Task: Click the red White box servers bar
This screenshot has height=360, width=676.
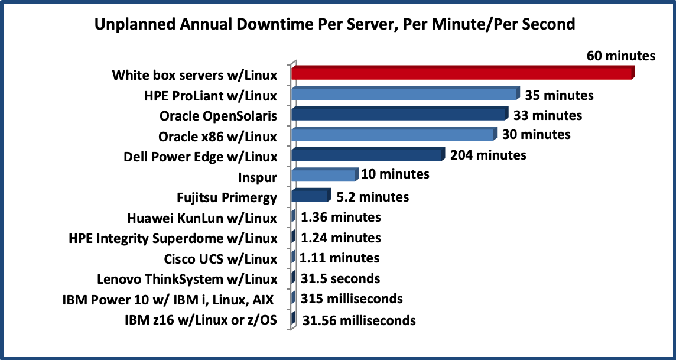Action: pos(461,73)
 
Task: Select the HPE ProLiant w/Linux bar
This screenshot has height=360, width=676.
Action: pos(404,94)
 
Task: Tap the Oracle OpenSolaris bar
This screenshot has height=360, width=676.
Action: pos(399,114)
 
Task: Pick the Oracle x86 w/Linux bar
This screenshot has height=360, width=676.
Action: pos(392,135)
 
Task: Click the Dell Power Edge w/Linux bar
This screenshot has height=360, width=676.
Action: pos(366,155)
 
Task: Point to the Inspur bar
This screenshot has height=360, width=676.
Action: pos(324,176)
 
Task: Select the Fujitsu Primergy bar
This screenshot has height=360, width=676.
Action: pos(310,196)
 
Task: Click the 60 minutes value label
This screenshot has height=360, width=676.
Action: pos(620,56)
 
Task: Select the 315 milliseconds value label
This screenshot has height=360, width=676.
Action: pos(352,299)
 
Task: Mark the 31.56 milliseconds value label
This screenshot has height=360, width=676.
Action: pos(359,320)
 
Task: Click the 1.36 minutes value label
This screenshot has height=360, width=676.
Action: pos(340,217)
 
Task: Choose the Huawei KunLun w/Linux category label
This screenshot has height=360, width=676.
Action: pos(202,218)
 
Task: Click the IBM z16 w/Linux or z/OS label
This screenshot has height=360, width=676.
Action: pos(201,320)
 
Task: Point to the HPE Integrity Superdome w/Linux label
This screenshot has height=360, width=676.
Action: pos(173,238)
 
